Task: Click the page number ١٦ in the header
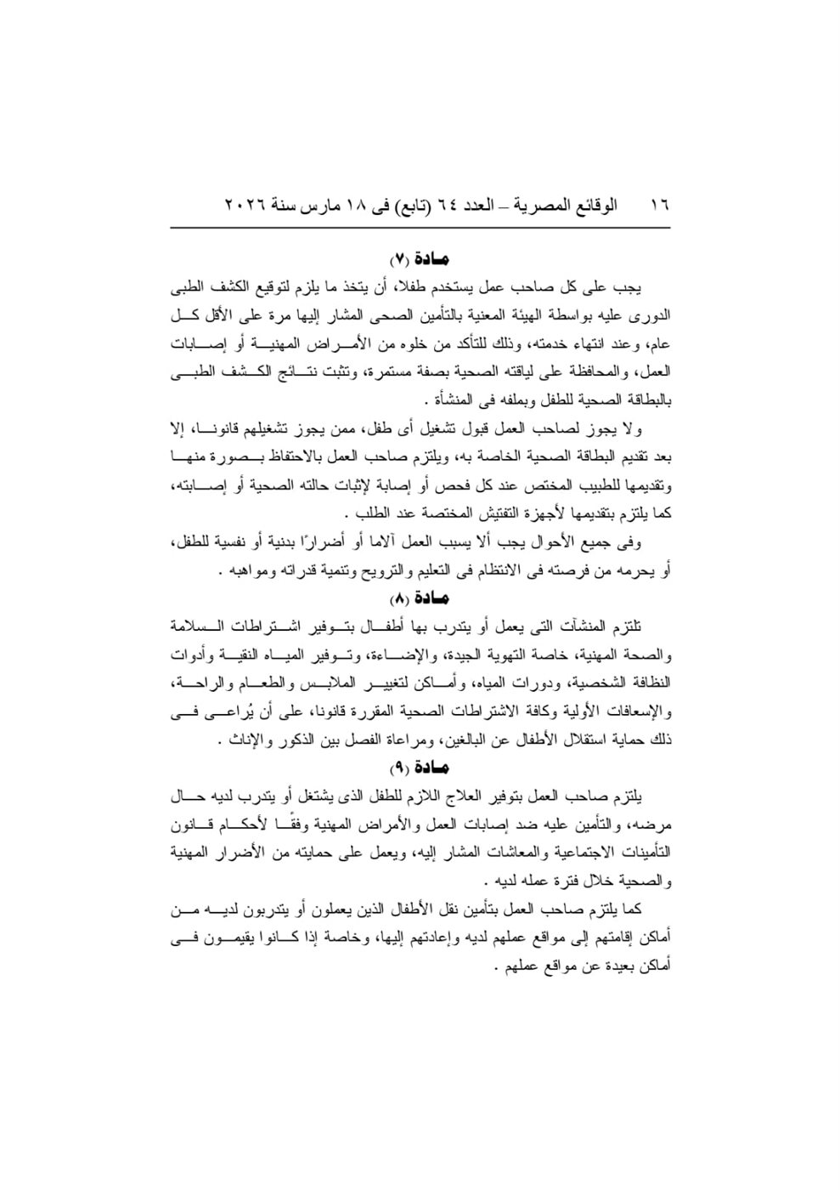pos(660,207)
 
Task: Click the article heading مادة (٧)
pos(419,256)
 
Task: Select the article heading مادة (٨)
pos(419,598)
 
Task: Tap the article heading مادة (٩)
pos(419,772)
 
